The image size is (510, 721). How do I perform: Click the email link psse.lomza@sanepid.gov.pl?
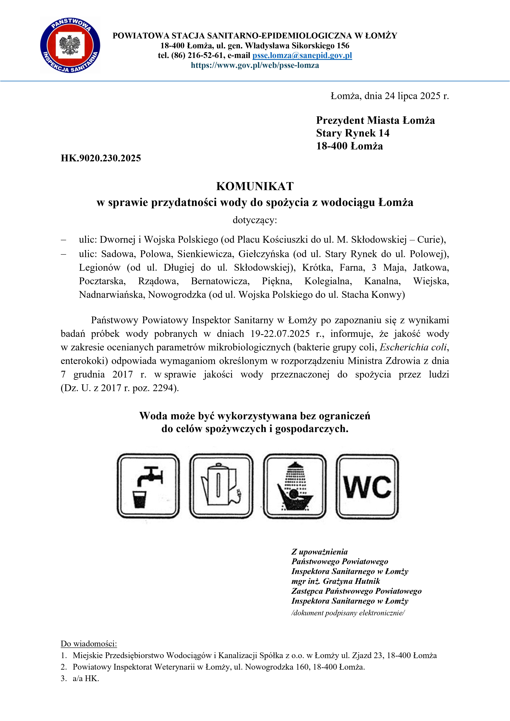(302, 55)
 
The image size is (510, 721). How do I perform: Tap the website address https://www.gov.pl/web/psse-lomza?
(255, 65)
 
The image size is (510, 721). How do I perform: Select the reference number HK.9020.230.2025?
(101, 158)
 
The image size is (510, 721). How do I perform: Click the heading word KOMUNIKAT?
(255, 186)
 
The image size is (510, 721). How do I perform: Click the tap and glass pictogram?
(148, 486)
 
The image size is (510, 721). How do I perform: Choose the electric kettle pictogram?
(221, 486)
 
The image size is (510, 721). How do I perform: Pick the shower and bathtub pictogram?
(295, 486)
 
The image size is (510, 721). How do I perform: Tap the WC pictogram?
(367, 486)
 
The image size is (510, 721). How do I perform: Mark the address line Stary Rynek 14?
(353, 133)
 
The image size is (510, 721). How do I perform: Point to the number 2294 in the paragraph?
(163, 388)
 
